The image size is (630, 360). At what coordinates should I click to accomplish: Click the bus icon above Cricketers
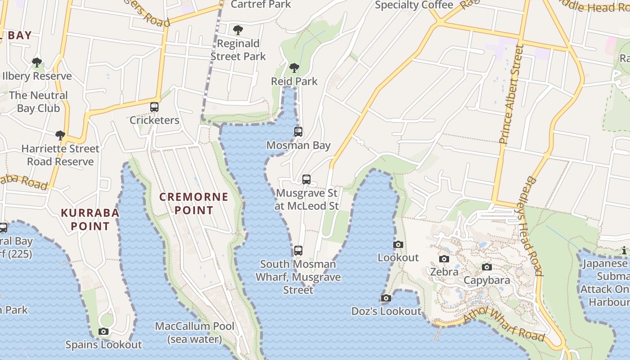[x=154, y=107]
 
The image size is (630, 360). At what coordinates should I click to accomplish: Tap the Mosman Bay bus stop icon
[x=298, y=132]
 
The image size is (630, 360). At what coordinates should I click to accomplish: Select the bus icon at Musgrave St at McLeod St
[x=306, y=180]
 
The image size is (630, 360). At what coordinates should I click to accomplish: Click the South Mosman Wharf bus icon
[x=298, y=251]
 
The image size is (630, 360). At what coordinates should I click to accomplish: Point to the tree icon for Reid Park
[x=294, y=68]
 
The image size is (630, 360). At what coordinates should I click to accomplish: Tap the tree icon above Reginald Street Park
[x=238, y=30]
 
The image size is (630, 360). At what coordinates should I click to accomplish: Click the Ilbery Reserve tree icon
[x=37, y=62]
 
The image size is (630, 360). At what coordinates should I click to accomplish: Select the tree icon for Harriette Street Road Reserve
[x=60, y=135]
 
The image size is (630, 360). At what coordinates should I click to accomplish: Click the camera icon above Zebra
[x=444, y=259]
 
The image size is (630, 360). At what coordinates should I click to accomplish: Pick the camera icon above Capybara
[x=486, y=267]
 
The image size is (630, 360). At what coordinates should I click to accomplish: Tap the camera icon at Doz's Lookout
[x=386, y=298]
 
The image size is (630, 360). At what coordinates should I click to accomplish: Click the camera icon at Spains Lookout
[x=103, y=332]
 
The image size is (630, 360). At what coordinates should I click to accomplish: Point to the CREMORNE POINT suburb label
[x=194, y=203]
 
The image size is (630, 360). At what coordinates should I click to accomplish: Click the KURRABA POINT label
[x=90, y=219]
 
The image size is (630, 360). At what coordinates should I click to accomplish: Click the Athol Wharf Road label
[x=504, y=324]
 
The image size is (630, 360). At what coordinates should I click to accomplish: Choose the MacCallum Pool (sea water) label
[x=195, y=333]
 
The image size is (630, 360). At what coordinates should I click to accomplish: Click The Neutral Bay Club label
[x=38, y=102]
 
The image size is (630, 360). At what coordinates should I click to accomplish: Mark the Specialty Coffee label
[x=414, y=5]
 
